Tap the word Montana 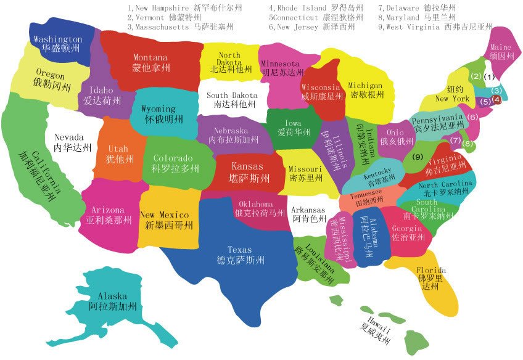150,57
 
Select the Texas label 240,250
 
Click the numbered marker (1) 489,78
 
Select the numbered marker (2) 476,77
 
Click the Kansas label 247,166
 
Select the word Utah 118,149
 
